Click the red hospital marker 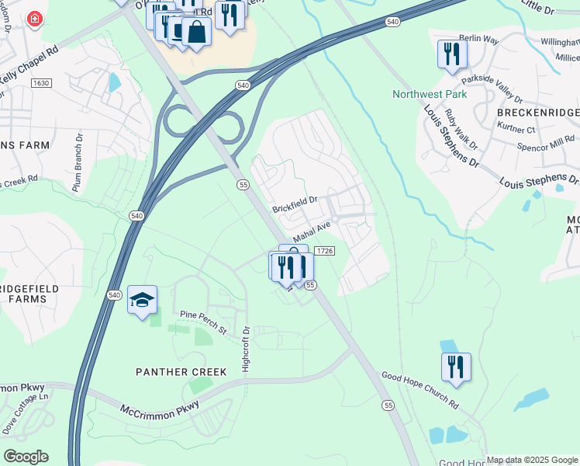(34, 19)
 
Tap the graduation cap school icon (142, 301)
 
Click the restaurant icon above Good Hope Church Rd (456, 367)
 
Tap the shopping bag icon (197, 33)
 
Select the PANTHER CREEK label (181, 372)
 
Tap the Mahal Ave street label (312, 231)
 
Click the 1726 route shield (325, 251)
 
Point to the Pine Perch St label (202, 323)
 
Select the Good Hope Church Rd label (419, 390)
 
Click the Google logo (25, 457)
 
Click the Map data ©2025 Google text (531, 460)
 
